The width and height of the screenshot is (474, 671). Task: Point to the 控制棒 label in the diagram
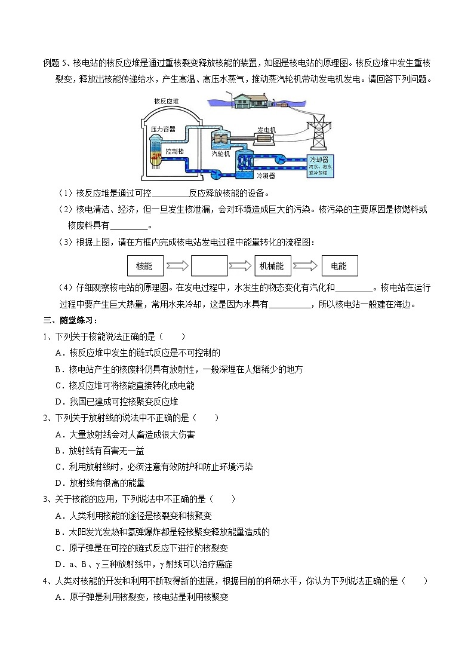pos(174,151)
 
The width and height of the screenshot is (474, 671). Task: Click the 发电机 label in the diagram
pos(266,130)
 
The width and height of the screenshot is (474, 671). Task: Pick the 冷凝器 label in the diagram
pos(265,176)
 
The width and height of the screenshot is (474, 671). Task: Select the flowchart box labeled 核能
pos(144,265)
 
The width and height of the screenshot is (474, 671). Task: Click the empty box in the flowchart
pos(209,265)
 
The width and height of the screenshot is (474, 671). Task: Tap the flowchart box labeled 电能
pos(338,265)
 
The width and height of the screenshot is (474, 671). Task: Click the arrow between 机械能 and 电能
pos(305,265)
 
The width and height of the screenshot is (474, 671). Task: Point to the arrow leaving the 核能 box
pos(177,265)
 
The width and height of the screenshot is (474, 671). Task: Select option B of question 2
pos(99,451)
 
